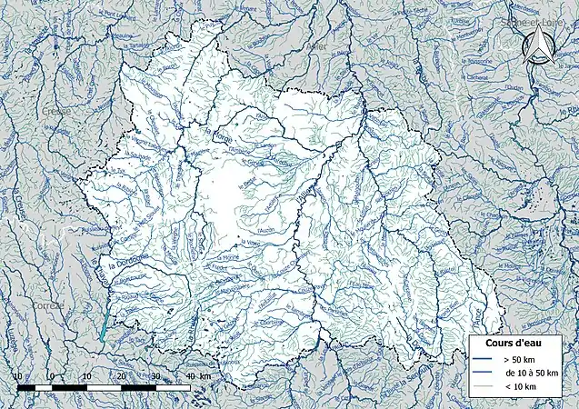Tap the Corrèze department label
pos(48,305)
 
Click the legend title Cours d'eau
pos(499,343)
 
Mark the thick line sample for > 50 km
pos(484,360)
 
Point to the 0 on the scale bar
pos(51,376)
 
